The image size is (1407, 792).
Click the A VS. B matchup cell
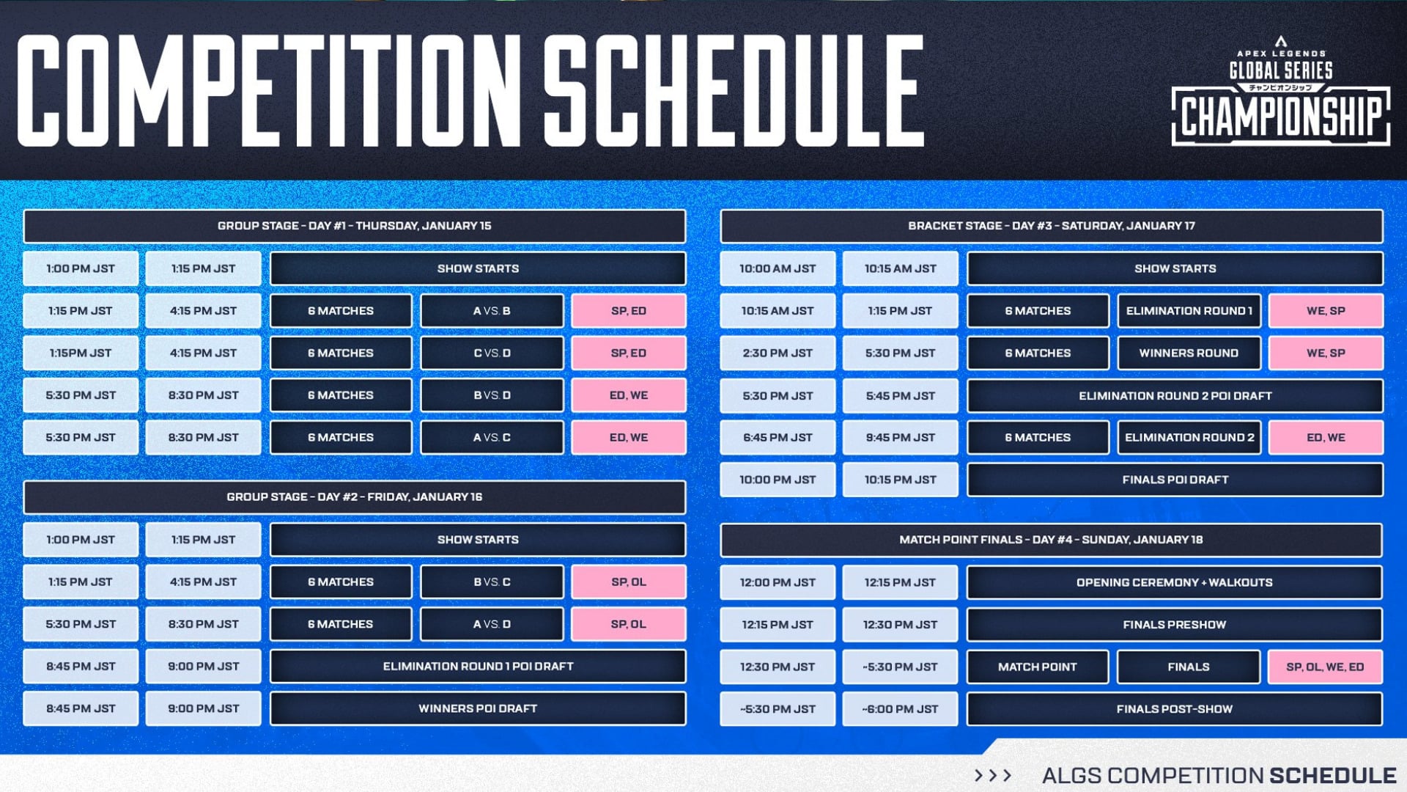point(492,311)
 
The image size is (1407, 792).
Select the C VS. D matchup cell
point(492,353)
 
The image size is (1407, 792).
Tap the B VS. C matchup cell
point(492,582)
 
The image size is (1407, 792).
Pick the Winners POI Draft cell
point(478,708)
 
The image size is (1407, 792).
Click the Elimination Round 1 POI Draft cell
point(478,666)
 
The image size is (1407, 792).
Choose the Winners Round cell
point(1189,353)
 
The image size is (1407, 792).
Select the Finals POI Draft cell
point(1175,480)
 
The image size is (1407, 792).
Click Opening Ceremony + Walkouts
point(1175,582)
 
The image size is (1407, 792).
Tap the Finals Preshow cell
point(1175,625)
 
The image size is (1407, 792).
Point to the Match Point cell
point(1038,667)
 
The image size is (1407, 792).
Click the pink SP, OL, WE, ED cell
point(1326,667)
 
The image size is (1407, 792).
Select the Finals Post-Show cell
point(1175,709)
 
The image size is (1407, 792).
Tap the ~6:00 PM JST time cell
point(900,709)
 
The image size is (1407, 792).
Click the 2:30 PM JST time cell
point(778,353)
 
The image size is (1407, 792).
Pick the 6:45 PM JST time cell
point(778,437)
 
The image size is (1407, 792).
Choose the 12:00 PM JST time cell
point(778,582)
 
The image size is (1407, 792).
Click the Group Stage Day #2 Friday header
point(355,497)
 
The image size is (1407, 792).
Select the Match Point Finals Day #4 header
point(1052,540)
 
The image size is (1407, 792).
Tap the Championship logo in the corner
point(1281,91)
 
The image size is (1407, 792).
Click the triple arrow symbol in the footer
point(993,775)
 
